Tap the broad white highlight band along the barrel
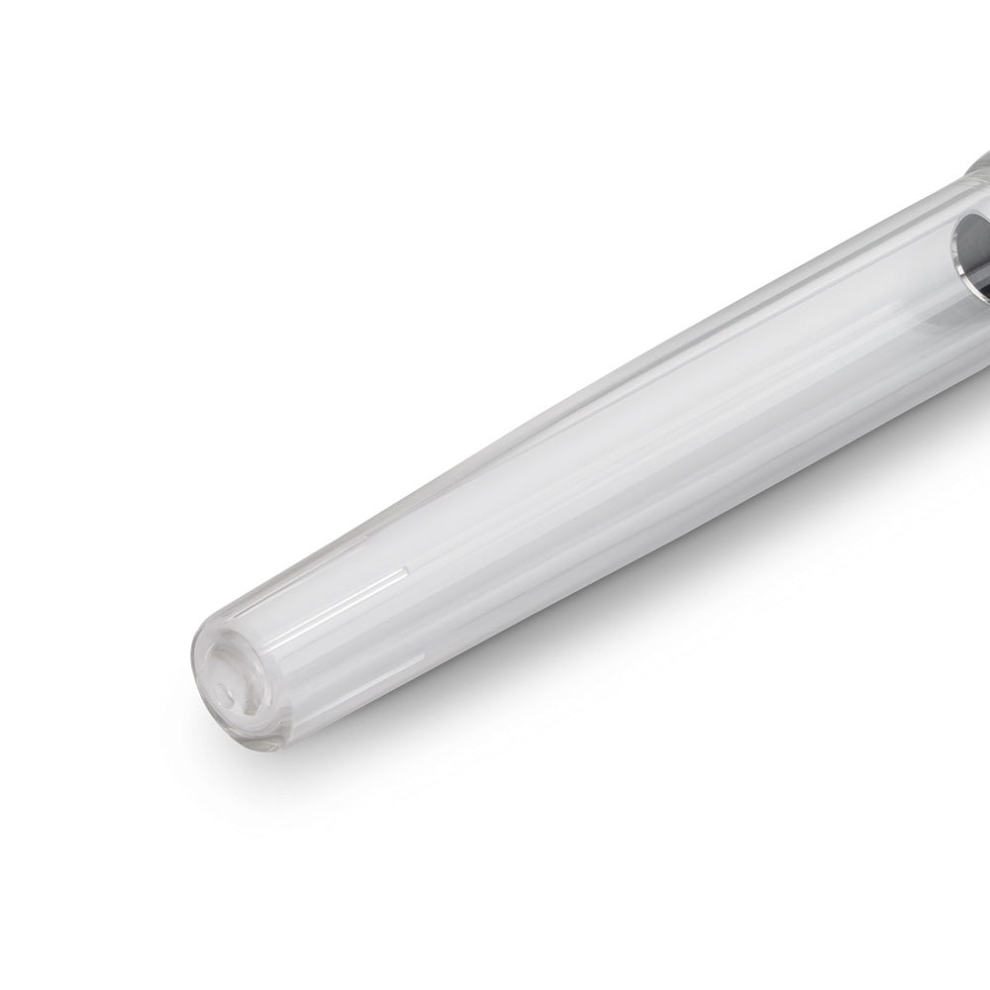pyautogui.click(x=594, y=475)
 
